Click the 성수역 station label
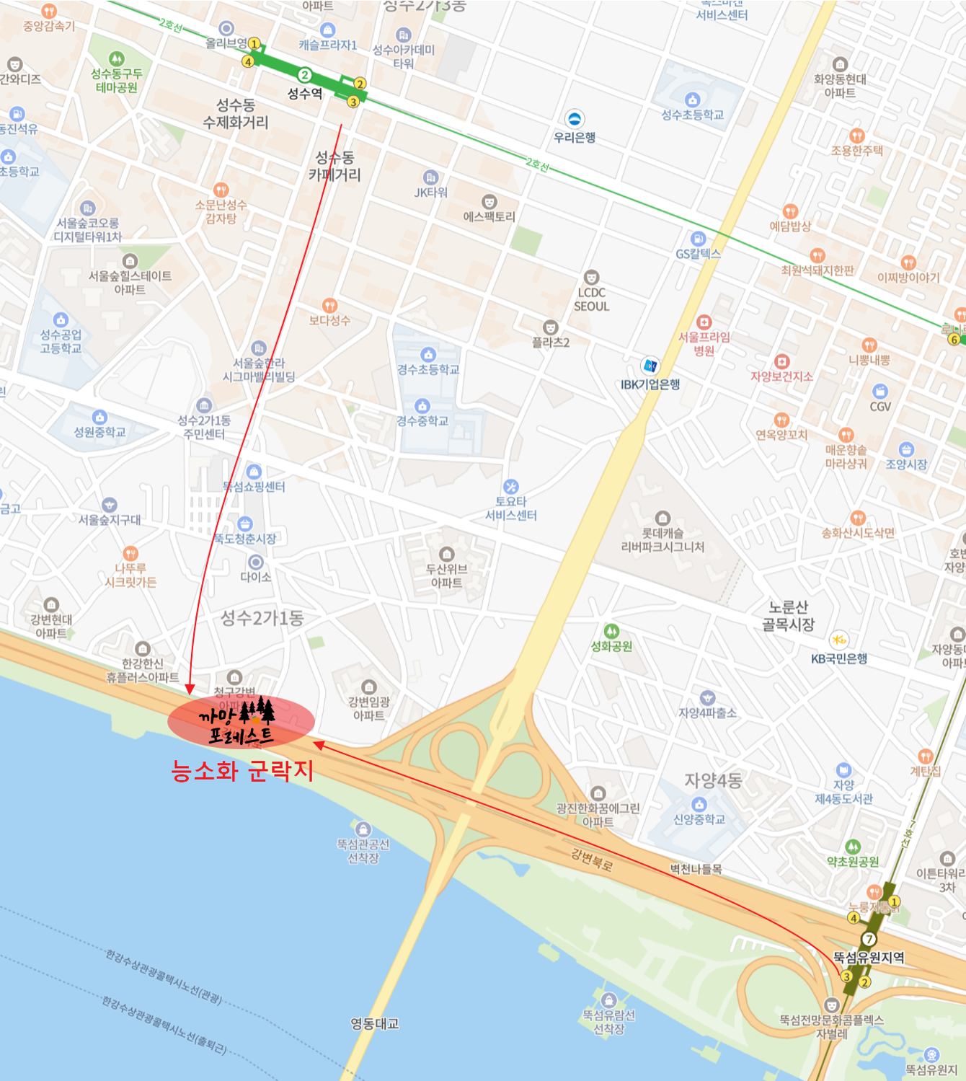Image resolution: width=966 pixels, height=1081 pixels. (305, 94)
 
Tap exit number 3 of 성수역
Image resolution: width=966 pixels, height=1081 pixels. (353, 102)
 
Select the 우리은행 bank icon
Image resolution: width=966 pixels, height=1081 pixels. (575, 118)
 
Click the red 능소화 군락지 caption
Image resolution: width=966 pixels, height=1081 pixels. (242, 771)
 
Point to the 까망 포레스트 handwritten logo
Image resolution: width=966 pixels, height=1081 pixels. (239, 722)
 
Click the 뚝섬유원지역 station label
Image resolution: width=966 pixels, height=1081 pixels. (869, 958)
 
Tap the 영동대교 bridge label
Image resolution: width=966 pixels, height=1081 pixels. (374, 1024)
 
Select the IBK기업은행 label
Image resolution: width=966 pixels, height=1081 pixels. (650, 384)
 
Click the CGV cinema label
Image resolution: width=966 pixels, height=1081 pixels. (880, 407)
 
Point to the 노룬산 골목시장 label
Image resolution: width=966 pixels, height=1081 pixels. (788, 616)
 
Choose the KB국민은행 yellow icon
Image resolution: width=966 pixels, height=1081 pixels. (838, 640)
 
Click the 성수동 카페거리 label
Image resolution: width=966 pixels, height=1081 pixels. (334, 166)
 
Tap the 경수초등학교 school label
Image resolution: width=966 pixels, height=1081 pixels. (427, 370)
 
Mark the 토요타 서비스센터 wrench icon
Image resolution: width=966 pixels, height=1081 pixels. (511, 487)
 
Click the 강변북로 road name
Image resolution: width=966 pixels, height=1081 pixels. (591, 859)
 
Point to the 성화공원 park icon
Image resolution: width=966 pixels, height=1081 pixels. (611, 632)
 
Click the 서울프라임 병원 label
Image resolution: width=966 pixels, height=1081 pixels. (704, 344)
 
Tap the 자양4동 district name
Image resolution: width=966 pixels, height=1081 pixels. (713, 780)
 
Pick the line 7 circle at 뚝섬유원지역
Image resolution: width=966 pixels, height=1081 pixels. (869, 939)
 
